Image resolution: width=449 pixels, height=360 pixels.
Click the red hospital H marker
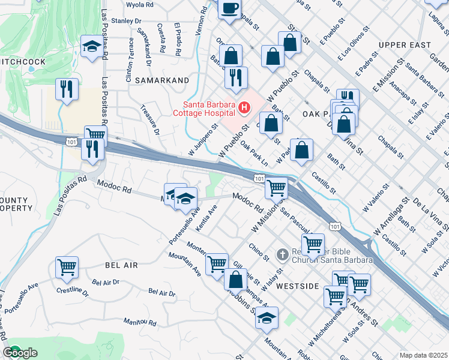[244, 108]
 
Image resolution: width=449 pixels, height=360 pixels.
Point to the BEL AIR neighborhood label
[121, 265]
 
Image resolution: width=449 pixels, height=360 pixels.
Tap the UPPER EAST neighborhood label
[405, 45]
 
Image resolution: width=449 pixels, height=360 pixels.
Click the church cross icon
[282, 255]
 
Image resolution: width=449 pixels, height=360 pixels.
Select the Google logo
[20, 353]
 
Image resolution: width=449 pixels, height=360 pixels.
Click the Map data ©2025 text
[423, 355]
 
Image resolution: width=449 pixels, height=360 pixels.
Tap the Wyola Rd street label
[140, 5]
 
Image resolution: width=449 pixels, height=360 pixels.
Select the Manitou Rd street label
[140, 322]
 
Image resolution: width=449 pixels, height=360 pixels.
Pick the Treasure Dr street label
[149, 121]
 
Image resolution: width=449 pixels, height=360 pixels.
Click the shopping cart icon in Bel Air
[67, 268]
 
